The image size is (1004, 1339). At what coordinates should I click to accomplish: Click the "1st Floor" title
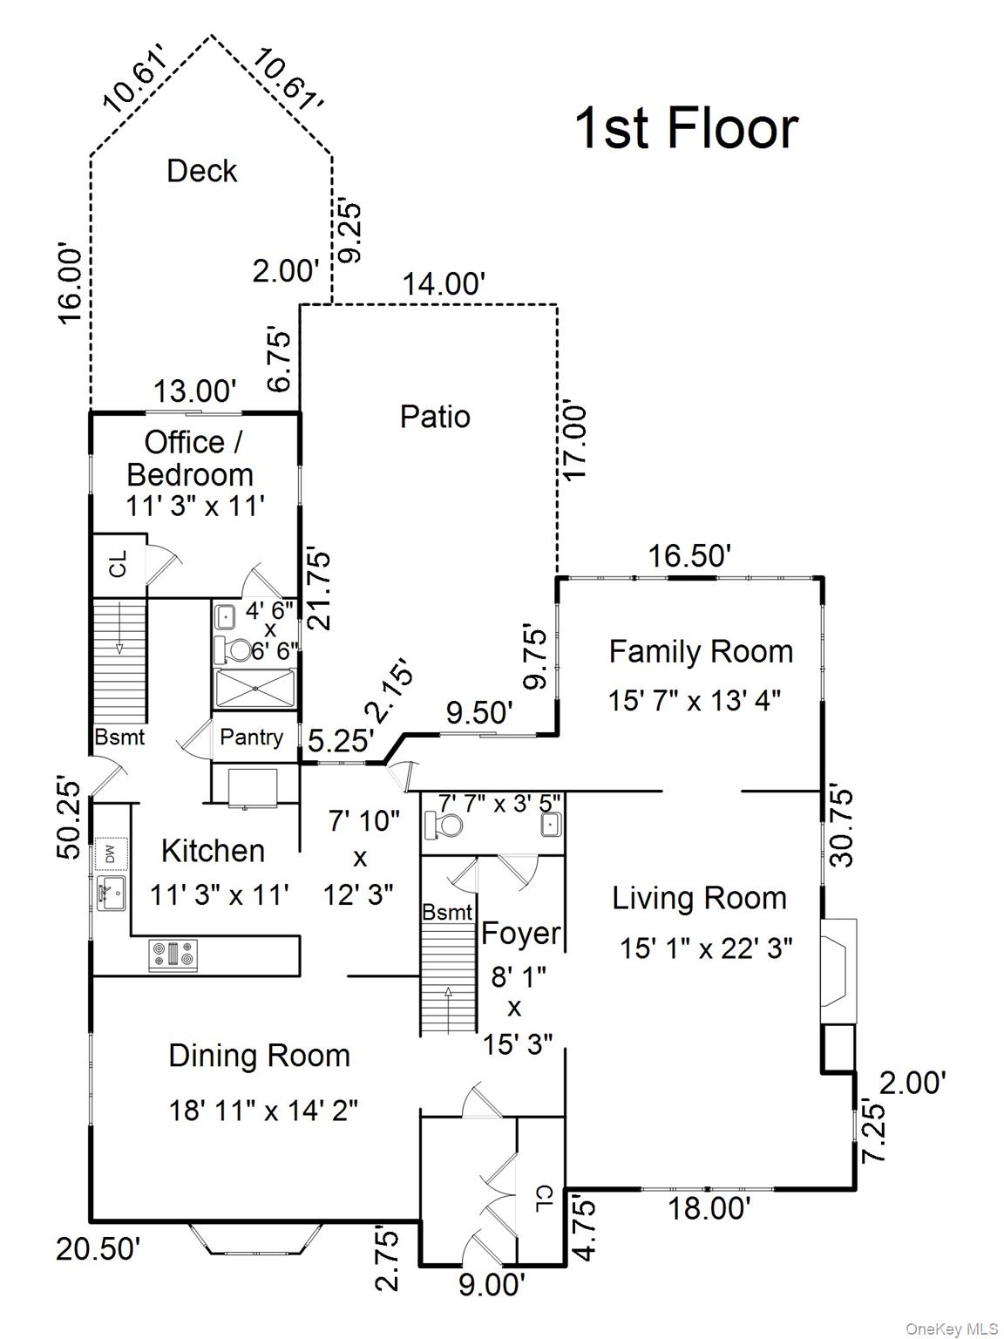686,128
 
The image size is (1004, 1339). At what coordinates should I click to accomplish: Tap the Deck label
202,171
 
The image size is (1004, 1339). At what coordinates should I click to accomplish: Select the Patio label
435,417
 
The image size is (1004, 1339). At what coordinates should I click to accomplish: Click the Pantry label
251,737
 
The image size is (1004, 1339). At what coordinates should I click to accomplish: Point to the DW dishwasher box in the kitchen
111,853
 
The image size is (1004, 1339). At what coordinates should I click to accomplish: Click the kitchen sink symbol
111,893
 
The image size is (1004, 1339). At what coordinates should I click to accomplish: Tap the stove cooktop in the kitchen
173,955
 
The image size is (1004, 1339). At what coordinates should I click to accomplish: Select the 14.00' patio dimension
444,284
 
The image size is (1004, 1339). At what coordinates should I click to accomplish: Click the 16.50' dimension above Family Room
689,555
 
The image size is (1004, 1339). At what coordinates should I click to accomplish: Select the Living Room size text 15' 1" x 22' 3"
706,948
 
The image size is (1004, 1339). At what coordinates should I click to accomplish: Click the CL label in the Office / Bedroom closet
119,564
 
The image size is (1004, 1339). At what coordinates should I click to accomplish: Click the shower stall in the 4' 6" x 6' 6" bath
254,689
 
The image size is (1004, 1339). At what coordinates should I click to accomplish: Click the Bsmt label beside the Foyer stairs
447,913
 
